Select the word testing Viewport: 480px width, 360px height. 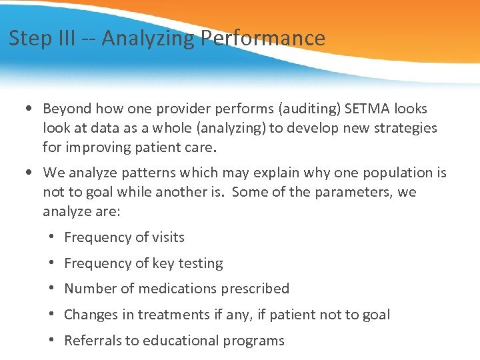200,263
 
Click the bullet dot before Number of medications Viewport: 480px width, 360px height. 51,289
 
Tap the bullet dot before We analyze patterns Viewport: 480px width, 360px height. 25,173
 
